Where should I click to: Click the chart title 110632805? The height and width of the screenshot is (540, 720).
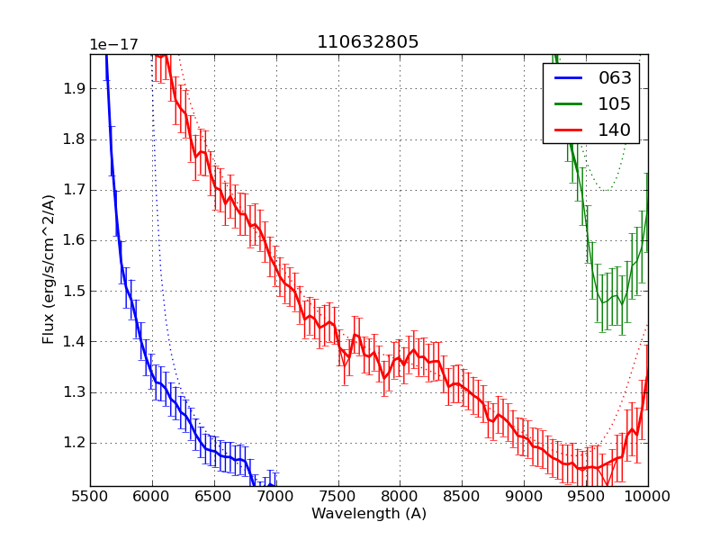pyautogui.click(x=367, y=42)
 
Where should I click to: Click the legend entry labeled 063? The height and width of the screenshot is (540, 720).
pyautogui.click(x=615, y=78)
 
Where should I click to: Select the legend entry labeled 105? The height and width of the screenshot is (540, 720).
pyautogui.click(x=615, y=103)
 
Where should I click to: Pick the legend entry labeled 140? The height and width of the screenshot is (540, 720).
pyautogui.click(x=615, y=130)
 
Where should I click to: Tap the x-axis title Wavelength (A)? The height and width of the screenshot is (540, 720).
pyautogui.click(x=369, y=514)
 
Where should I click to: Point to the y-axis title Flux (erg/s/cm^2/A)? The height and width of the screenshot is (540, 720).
pyautogui.click(x=49, y=268)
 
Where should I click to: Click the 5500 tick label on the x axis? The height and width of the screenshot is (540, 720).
pyautogui.click(x=90, y=496)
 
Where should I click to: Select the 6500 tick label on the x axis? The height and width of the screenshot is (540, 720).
pyautogui.click(x=214, y=496)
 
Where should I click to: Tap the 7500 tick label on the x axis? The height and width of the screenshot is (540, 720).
pyautogui.click(x=338, y=496)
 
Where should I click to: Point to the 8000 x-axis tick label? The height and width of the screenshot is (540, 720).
pyautogui.click(x=400, y=496)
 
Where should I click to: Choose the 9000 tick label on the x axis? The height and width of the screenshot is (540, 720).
pyautogui.click(x=524, y=496)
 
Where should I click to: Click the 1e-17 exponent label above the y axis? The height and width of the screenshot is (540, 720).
pyautogui.click(x=113, y=45)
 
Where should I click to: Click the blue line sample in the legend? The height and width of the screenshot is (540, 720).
pyautogui.click(x=570, y=78)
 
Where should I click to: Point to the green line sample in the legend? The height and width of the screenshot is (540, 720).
pyautogui.click(x=570, y=103)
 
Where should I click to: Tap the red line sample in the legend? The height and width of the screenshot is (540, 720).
pyautogui.click(x=570, y=130)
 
